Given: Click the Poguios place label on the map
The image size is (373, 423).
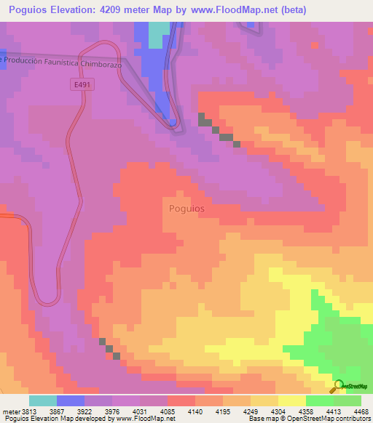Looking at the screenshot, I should pos(186,208).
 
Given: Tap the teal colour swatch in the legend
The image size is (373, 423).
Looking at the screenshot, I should pos(43,400).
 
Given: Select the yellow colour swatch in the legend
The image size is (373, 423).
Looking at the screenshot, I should pos(291,400).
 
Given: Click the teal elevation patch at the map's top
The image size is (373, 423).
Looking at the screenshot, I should pos(158,30).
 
